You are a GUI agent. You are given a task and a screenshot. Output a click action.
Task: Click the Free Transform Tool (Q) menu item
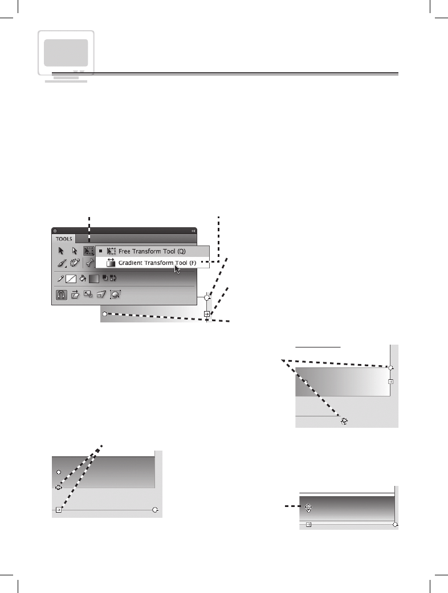click(151, 251)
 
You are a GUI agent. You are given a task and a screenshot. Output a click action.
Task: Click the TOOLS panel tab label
click(64, 239)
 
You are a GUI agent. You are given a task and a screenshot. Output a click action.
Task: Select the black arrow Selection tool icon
click(61, 251)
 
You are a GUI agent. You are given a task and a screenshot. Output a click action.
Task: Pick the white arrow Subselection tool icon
click(75, 251)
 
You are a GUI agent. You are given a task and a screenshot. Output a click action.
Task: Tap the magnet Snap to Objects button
click(60, 295)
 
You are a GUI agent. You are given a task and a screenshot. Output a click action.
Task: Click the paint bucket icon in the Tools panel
click(82, 279)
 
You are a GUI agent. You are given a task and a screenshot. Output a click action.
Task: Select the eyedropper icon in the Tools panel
click(59, 279)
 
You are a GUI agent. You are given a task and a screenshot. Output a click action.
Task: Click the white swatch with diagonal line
click(71, 279)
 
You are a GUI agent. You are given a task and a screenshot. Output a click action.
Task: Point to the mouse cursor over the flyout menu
click(177, 268)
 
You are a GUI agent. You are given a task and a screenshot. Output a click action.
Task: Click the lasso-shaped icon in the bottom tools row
click(115, 295)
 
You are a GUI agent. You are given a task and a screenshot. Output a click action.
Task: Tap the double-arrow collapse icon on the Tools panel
click(193, 231)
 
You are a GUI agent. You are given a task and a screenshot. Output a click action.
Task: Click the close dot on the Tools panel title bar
click(55, 231)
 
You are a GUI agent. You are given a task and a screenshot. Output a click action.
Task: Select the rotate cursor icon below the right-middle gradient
click(344, 421)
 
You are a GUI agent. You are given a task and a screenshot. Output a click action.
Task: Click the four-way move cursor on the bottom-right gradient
click(308, 507)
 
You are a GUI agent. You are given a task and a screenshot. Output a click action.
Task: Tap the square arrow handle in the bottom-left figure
click(59, 510)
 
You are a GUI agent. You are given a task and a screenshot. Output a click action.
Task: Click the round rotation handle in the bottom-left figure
click(155, 510)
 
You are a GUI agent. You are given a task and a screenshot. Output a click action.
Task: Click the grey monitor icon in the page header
click(66, 53)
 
